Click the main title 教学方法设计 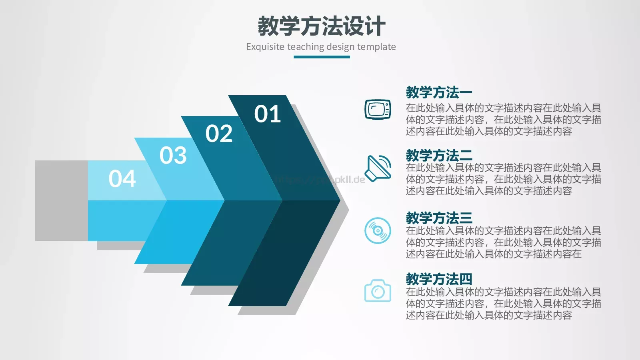tap(321, 26)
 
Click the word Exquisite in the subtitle tap(265, 47)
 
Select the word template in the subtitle tap(376, 47)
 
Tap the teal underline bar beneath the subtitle tap(322, 57)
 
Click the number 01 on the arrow tap(268, 114)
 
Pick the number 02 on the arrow tap(219, 134)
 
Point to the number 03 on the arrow tap(173, 155)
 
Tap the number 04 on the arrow tap(122, 179)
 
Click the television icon tap(378, 109)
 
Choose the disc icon tap(378, 230)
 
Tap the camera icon tap(378, 291)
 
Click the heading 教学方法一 tap(439, 92)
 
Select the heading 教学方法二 tap(439, 155)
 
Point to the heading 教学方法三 tap(439, 218)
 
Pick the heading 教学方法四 tap(439, 279)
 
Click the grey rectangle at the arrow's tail tap(61, 201)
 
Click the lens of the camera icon tap(378, 292)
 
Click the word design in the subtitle tap(340, 47)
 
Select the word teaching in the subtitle tap(306, 47)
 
